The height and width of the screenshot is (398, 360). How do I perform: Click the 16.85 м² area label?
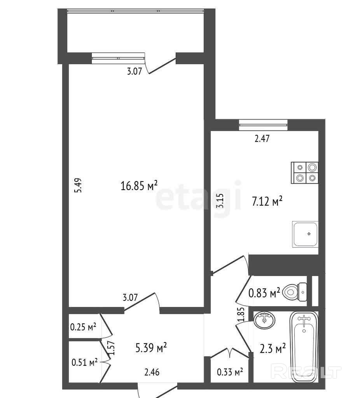(x=139, y=185)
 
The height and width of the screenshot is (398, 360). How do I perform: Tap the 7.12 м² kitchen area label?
(x=267, y=201)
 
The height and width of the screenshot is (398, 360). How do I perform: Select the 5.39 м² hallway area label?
(x=151, y=347)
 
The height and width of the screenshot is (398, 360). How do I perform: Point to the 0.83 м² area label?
(x=264, y=293)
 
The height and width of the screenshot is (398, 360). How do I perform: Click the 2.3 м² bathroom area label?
(x=273, y=348)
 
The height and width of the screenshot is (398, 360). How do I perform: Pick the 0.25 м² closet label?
(x=83, y=327)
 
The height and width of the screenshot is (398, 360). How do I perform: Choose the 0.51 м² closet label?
(x=84, y=362)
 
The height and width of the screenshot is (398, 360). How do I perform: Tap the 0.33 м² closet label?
(x=230, y=372)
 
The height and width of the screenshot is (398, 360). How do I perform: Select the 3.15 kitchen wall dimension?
(x=220, y=201)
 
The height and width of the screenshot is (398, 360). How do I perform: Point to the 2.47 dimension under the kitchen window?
(x=262, y=139)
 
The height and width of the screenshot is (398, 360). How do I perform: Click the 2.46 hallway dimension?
(x=152, y=372)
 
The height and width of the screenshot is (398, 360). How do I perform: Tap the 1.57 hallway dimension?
(x=112, y=348)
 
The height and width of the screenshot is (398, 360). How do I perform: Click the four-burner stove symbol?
(x=304, y=173)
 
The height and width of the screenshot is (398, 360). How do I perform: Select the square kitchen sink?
(x=305, y=234)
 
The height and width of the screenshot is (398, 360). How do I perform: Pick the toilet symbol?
(x=295, y=292)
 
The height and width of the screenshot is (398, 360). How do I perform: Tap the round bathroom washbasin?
(x=264, y=320)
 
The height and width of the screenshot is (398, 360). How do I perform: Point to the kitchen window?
(x=263, y=125)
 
